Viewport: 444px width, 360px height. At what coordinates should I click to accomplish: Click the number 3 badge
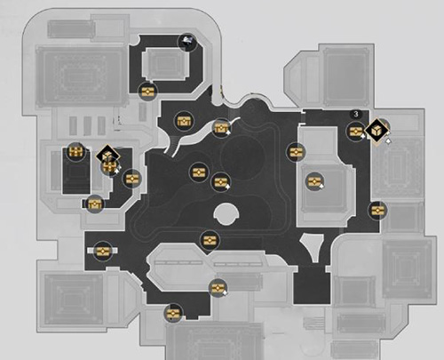tap(356, 114)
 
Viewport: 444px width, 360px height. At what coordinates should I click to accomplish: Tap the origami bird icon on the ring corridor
tap(187, 42)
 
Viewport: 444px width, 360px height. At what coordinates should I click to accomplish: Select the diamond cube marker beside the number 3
tap(377, 131)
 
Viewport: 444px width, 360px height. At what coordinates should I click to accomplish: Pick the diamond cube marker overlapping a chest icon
tap(108, 155)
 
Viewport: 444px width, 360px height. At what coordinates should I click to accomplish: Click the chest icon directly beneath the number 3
tap(356, 132)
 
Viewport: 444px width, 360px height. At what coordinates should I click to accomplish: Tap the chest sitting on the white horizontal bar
tap(102, 252)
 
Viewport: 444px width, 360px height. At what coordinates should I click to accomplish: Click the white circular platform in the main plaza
tap(226, 214)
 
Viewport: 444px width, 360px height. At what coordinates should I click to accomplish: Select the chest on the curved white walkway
tap(221, 128)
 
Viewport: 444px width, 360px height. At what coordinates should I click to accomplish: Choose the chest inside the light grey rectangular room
tap(314, 181)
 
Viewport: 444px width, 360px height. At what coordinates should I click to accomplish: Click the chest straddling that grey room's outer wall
tap(296, 152)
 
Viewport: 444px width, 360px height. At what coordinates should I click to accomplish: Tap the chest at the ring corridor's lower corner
tap(147, 92)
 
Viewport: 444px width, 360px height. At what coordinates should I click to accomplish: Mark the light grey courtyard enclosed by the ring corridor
tap(165, 63)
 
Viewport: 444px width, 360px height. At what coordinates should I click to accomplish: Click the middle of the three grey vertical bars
tap(87, 125)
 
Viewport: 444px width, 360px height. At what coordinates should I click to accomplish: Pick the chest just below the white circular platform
tap(210, 240)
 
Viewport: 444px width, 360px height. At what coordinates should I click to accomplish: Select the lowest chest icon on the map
tap(173, 313)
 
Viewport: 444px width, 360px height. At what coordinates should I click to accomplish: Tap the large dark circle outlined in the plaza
tap(242, 158)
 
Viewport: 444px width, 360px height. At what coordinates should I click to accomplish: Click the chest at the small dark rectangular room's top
tap(75, 152)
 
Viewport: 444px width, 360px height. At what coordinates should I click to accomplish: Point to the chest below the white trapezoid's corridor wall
tap(218, 288)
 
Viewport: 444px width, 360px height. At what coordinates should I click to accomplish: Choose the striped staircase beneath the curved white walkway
tap(171, 145)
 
